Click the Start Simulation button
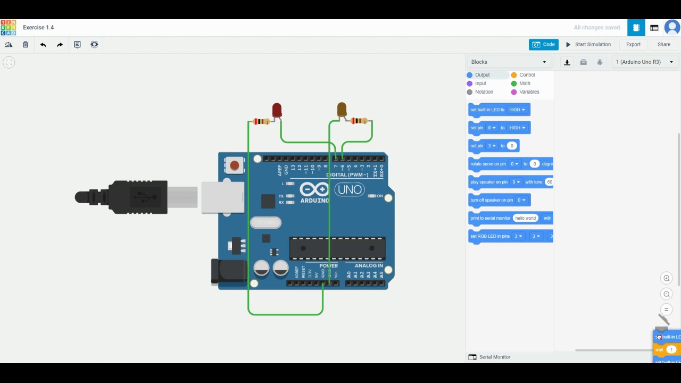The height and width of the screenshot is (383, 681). pos(588,45)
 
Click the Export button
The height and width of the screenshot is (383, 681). pos(633,45)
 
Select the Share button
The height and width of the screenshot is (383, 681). pos(663,45)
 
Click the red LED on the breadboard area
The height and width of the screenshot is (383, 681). pos(277,110)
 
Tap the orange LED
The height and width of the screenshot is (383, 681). pos(342,110)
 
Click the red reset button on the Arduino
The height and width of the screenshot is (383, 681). pos(234,165)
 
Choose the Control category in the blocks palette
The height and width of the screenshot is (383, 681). pos(527,75)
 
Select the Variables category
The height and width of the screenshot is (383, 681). pos(528,92)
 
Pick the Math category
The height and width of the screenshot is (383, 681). pos(525,84)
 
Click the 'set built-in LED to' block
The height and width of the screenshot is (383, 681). pos(487,110)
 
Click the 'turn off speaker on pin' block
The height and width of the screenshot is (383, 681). pos(492,200)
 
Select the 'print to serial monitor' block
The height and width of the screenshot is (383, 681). pos(490,218)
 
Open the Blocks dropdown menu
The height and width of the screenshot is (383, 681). pos(509,62)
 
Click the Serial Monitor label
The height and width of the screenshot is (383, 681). pos(494,357)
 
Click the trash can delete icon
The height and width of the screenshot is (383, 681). pos(26,45)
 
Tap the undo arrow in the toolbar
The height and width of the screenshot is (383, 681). pos(43,45)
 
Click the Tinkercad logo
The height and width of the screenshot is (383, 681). pos(9,28)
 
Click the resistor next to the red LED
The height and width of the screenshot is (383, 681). pos(261,122)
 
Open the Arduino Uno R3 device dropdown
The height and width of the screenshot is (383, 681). pos(644,62)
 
